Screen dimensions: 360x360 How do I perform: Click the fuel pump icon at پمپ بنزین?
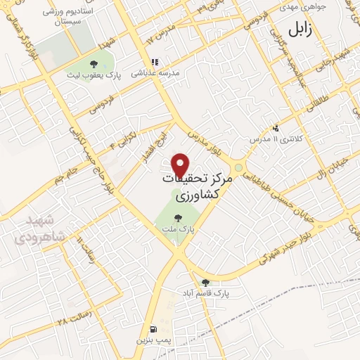(153, 328)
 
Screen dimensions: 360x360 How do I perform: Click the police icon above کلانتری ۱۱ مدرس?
(276, 128)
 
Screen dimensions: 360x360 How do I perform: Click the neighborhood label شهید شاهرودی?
(30, 229)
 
